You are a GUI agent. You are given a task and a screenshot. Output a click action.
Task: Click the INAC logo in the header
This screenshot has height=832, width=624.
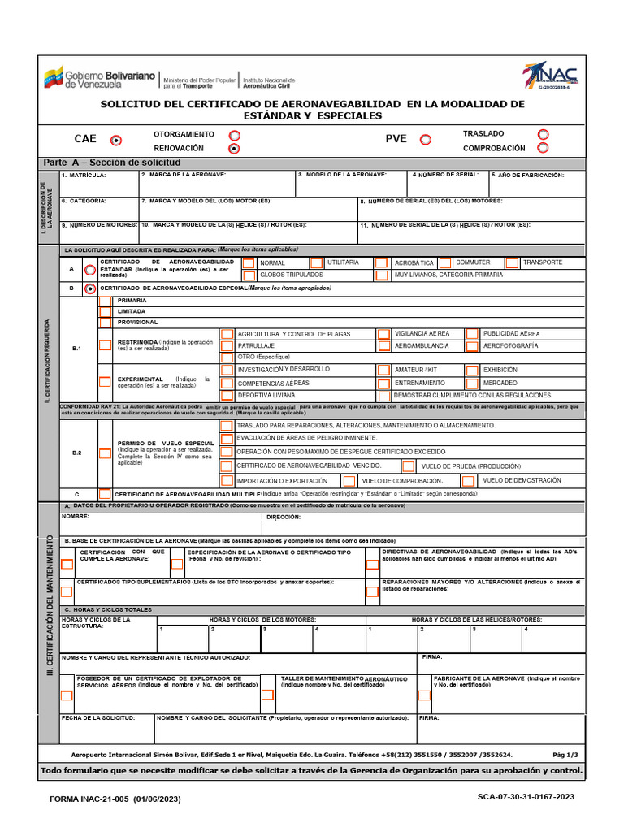(552, 77)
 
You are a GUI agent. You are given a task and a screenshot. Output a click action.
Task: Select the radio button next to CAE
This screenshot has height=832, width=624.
(116, 140)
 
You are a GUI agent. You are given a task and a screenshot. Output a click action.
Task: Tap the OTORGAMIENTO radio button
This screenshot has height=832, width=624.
(234, 135)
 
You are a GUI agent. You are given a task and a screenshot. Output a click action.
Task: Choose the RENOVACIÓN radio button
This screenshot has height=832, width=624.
(234, 149)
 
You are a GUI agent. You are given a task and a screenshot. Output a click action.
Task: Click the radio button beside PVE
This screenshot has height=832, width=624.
(425, 140)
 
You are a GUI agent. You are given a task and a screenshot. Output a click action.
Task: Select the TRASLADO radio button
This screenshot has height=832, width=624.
(543, 134)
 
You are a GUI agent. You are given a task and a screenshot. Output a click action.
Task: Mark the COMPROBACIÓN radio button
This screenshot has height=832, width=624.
(543, 148)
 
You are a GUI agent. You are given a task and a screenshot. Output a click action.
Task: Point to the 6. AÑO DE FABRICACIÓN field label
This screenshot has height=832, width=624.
(527, 175)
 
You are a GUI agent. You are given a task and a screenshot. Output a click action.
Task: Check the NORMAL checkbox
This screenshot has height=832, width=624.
(248, 263)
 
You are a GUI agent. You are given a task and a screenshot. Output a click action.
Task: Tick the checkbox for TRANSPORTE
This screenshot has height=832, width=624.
(512, 262)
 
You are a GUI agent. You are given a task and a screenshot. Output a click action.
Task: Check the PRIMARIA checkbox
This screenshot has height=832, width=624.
(106, 301)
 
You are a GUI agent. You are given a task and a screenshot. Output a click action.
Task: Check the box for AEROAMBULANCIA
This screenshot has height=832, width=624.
(383, 345)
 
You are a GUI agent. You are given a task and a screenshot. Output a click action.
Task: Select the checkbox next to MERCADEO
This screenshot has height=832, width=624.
(472, 382)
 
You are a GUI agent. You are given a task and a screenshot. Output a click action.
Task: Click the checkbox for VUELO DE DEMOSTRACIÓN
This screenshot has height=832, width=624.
(472, 481)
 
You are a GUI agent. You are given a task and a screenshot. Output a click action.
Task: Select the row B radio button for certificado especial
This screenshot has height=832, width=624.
(90, 288)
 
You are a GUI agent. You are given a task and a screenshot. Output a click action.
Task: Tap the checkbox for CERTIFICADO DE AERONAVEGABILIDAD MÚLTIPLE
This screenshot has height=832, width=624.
(106, 494)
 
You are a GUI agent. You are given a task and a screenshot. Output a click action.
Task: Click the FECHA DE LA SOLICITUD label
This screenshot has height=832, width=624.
(97, 718)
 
